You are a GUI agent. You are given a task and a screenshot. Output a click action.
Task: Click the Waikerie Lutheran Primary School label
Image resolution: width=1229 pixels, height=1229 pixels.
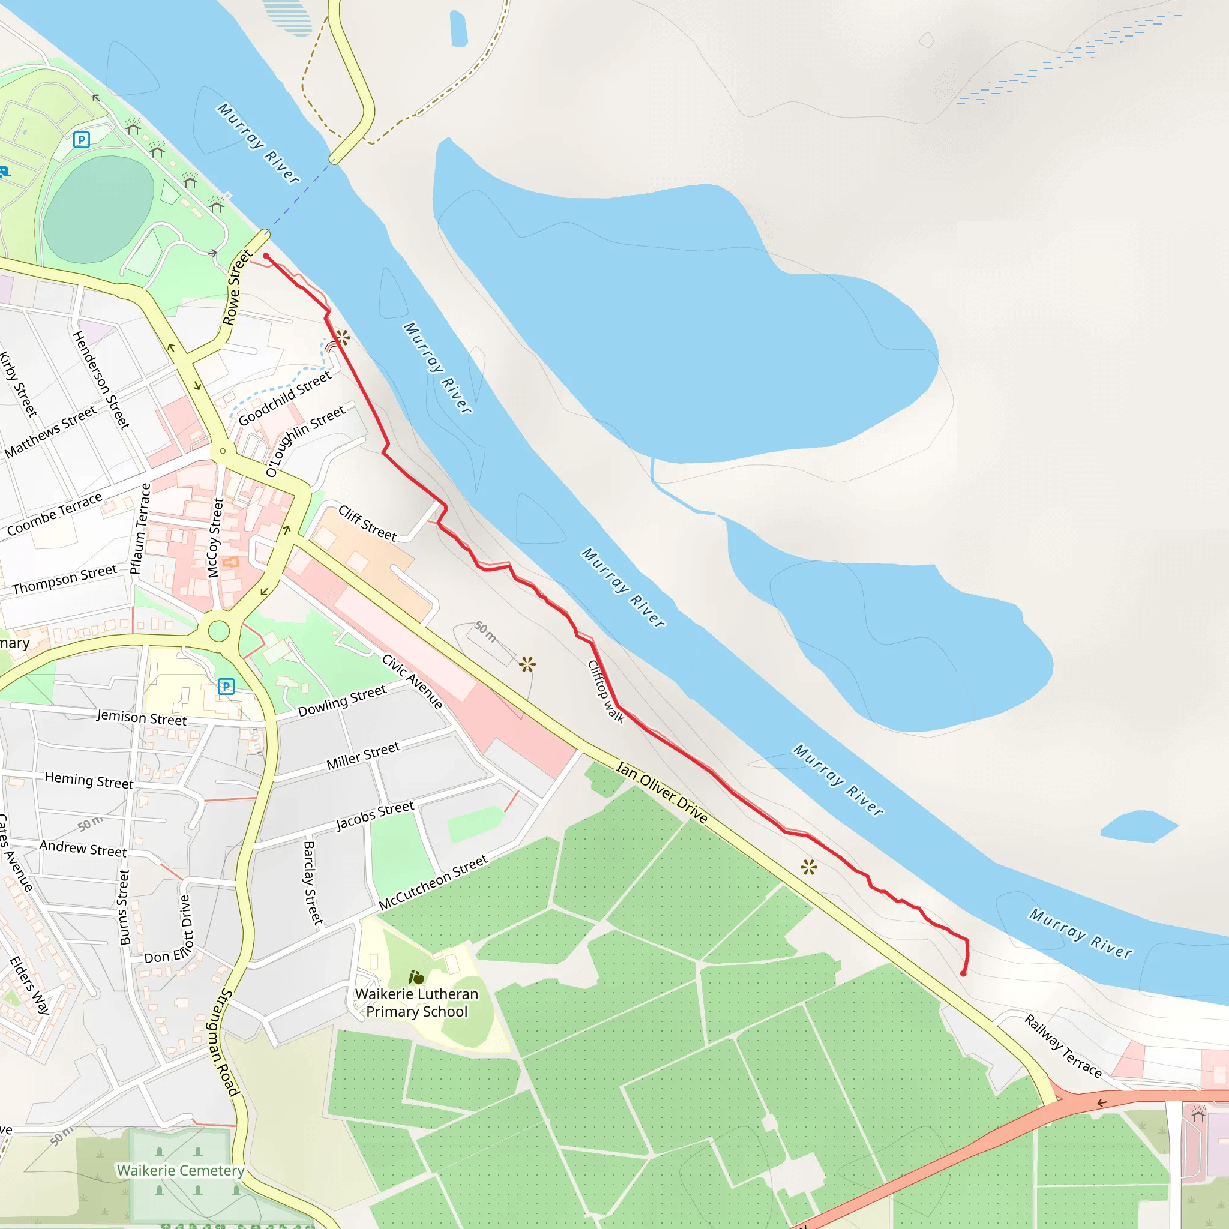[x=416, y=1003]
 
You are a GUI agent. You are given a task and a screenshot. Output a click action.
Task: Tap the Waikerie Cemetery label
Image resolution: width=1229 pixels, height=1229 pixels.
[x=181, y=1170]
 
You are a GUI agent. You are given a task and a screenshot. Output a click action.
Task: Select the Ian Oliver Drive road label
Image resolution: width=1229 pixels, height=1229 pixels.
[x=661, y=792]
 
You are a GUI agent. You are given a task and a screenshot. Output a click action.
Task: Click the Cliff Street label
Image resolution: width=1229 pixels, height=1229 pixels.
[x=367, y=523]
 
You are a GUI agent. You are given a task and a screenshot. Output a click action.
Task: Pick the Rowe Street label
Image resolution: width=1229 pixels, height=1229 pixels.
[x=236, y=287]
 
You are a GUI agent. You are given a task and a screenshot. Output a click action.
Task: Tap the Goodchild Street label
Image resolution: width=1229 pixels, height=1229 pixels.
[x=284, y=399]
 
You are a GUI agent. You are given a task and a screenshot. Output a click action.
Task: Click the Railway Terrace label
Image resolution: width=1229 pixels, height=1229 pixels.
[x=1063, y=1047]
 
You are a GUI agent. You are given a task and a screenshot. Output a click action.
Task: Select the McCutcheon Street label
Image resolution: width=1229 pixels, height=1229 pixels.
[x=433, y=882]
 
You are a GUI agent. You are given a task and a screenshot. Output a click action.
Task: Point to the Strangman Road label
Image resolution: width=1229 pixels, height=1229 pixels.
[x=223, y=1042]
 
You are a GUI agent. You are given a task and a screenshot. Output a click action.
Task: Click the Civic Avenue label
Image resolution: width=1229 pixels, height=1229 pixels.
[x=412, y=681]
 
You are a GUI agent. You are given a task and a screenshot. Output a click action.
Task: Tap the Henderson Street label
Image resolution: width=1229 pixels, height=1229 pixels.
[x=100, y=380]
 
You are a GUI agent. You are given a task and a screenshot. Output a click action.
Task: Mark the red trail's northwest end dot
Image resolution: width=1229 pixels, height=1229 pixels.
[x=266, y=256]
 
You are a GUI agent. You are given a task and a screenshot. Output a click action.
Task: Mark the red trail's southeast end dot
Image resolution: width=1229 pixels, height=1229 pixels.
[x=963, y=973]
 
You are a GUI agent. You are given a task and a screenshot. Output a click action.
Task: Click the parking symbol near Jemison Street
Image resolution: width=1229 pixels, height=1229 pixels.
[x=226, y=687]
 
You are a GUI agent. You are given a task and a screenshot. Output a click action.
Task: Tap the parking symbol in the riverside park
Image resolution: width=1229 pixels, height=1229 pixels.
[x=82, y=139]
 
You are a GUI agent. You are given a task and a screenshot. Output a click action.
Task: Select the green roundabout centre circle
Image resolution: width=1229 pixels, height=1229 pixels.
[x=218, y=631]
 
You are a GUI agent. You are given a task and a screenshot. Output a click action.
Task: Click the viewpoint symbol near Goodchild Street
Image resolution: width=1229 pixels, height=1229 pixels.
[x=342, y=337]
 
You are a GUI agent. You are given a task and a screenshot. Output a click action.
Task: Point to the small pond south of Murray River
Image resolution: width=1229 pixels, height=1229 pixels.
[x=1138, y=826]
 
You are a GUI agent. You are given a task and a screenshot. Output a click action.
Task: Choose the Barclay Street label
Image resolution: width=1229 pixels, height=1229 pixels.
[x=311, y=882]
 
